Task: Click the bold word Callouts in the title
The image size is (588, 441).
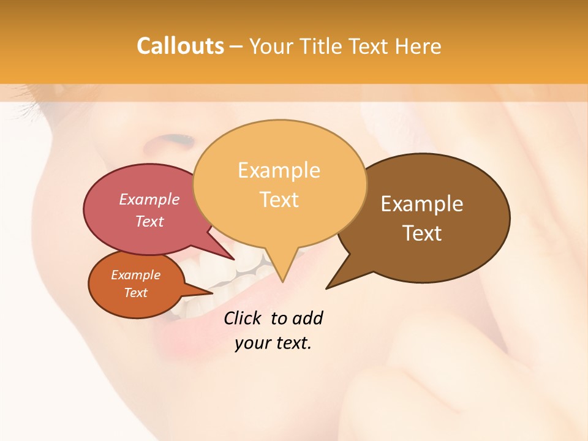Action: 180,46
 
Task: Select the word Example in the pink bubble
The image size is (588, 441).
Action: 149,199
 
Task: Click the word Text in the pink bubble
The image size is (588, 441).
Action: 149,221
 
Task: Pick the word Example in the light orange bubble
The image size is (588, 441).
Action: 279,170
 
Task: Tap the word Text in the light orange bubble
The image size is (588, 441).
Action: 279,200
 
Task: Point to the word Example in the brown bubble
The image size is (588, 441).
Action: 422,204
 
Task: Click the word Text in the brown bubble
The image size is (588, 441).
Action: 422,233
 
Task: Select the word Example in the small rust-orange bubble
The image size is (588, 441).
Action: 135,275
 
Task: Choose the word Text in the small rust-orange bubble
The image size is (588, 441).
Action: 135,293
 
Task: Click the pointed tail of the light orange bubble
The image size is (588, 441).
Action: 282,279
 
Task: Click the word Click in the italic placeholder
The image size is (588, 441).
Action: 243,318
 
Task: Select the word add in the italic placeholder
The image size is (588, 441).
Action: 307,318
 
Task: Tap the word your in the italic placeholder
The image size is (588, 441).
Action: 252,343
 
